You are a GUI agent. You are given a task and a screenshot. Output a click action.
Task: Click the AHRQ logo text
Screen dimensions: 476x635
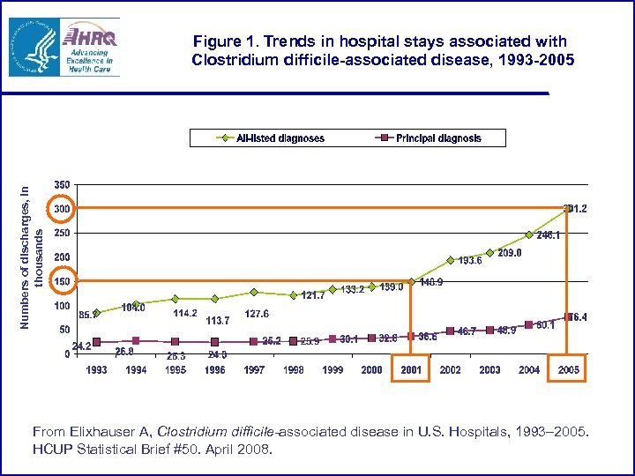click(x=90, y=38)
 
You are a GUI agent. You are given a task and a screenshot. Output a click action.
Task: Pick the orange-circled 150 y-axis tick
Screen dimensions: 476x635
click(x=62, y=281)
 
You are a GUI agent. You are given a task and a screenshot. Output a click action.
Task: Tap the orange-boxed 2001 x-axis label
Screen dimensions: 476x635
click(x=411, y=369)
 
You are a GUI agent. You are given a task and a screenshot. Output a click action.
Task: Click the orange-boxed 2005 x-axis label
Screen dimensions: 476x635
click(x=569, y=369)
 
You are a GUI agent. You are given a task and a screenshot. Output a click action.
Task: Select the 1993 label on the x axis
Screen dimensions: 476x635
click(x=97, y=370)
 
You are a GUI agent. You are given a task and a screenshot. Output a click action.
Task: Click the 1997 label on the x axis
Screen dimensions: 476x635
click(x=254, y=370)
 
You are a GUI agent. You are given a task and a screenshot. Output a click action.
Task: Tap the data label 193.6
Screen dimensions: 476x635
click(x=469, y=260)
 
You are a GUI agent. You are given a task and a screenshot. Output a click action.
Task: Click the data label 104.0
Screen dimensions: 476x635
click(x=133, y=307)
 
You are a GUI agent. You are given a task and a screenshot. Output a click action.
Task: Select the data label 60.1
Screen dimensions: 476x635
click(x=546, y=324)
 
